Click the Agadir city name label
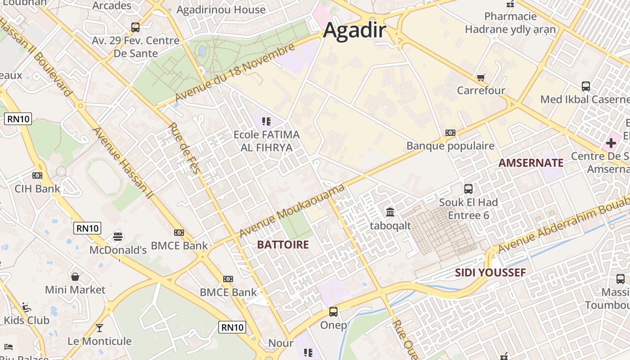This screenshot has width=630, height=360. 355,30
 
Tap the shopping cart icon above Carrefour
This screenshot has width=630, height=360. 481,77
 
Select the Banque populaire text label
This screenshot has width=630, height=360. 450,146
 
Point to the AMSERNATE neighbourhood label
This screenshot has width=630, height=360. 531,163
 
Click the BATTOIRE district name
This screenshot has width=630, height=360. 283,245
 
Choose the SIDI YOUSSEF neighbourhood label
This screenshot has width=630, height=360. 490,272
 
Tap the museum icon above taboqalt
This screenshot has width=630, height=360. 390,211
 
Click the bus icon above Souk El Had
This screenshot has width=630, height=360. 468,189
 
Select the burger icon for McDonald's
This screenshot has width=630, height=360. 118,236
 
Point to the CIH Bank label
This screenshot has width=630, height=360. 37,189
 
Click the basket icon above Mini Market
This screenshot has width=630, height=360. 75,276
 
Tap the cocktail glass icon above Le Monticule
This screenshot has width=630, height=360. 99,328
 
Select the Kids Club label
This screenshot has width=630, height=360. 27,320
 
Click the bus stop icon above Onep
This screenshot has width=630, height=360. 333,311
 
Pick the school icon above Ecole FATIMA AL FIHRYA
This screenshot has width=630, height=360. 266,121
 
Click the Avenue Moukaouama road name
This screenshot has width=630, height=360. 292,211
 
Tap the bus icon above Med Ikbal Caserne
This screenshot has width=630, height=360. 585,86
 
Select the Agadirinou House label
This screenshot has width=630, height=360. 221,9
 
